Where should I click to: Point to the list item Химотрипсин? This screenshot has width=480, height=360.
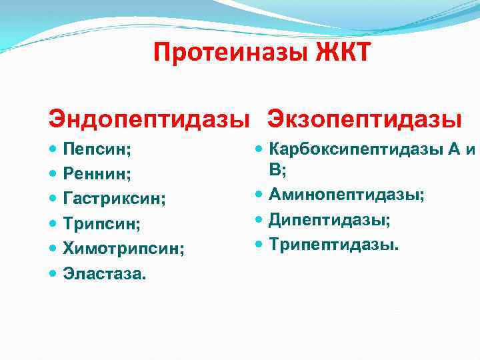tap(123, 248)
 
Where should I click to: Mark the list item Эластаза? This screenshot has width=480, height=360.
tap(103, 272)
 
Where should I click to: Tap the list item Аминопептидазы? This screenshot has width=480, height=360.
tap(347, 195)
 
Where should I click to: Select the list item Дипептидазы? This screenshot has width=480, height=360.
tap(330, 220)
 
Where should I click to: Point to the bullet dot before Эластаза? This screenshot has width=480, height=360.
tap(53, 273)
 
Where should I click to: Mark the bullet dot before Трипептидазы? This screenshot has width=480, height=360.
tap(260, 245)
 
